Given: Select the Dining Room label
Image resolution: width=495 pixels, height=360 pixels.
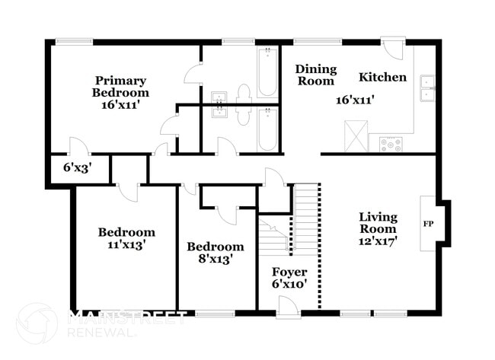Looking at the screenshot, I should [x=315, y=75].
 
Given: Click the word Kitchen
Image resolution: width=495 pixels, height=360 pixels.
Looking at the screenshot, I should [x=382, y=78].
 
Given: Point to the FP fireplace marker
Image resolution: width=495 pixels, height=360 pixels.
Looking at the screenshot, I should [x=428, y=225].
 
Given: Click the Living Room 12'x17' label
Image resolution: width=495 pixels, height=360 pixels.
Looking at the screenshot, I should [x=378, y=228].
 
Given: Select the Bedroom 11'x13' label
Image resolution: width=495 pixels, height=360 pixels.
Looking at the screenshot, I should [x=126, y=238].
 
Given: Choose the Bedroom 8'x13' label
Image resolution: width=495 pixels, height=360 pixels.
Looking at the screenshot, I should [x=216, y=253].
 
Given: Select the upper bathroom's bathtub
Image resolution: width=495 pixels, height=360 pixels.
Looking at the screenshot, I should [x=267, y=74].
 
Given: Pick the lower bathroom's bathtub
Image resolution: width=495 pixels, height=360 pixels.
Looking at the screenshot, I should [x=267, y=130].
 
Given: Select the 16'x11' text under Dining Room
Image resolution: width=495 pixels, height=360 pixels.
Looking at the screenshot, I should [x=356, y=99].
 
